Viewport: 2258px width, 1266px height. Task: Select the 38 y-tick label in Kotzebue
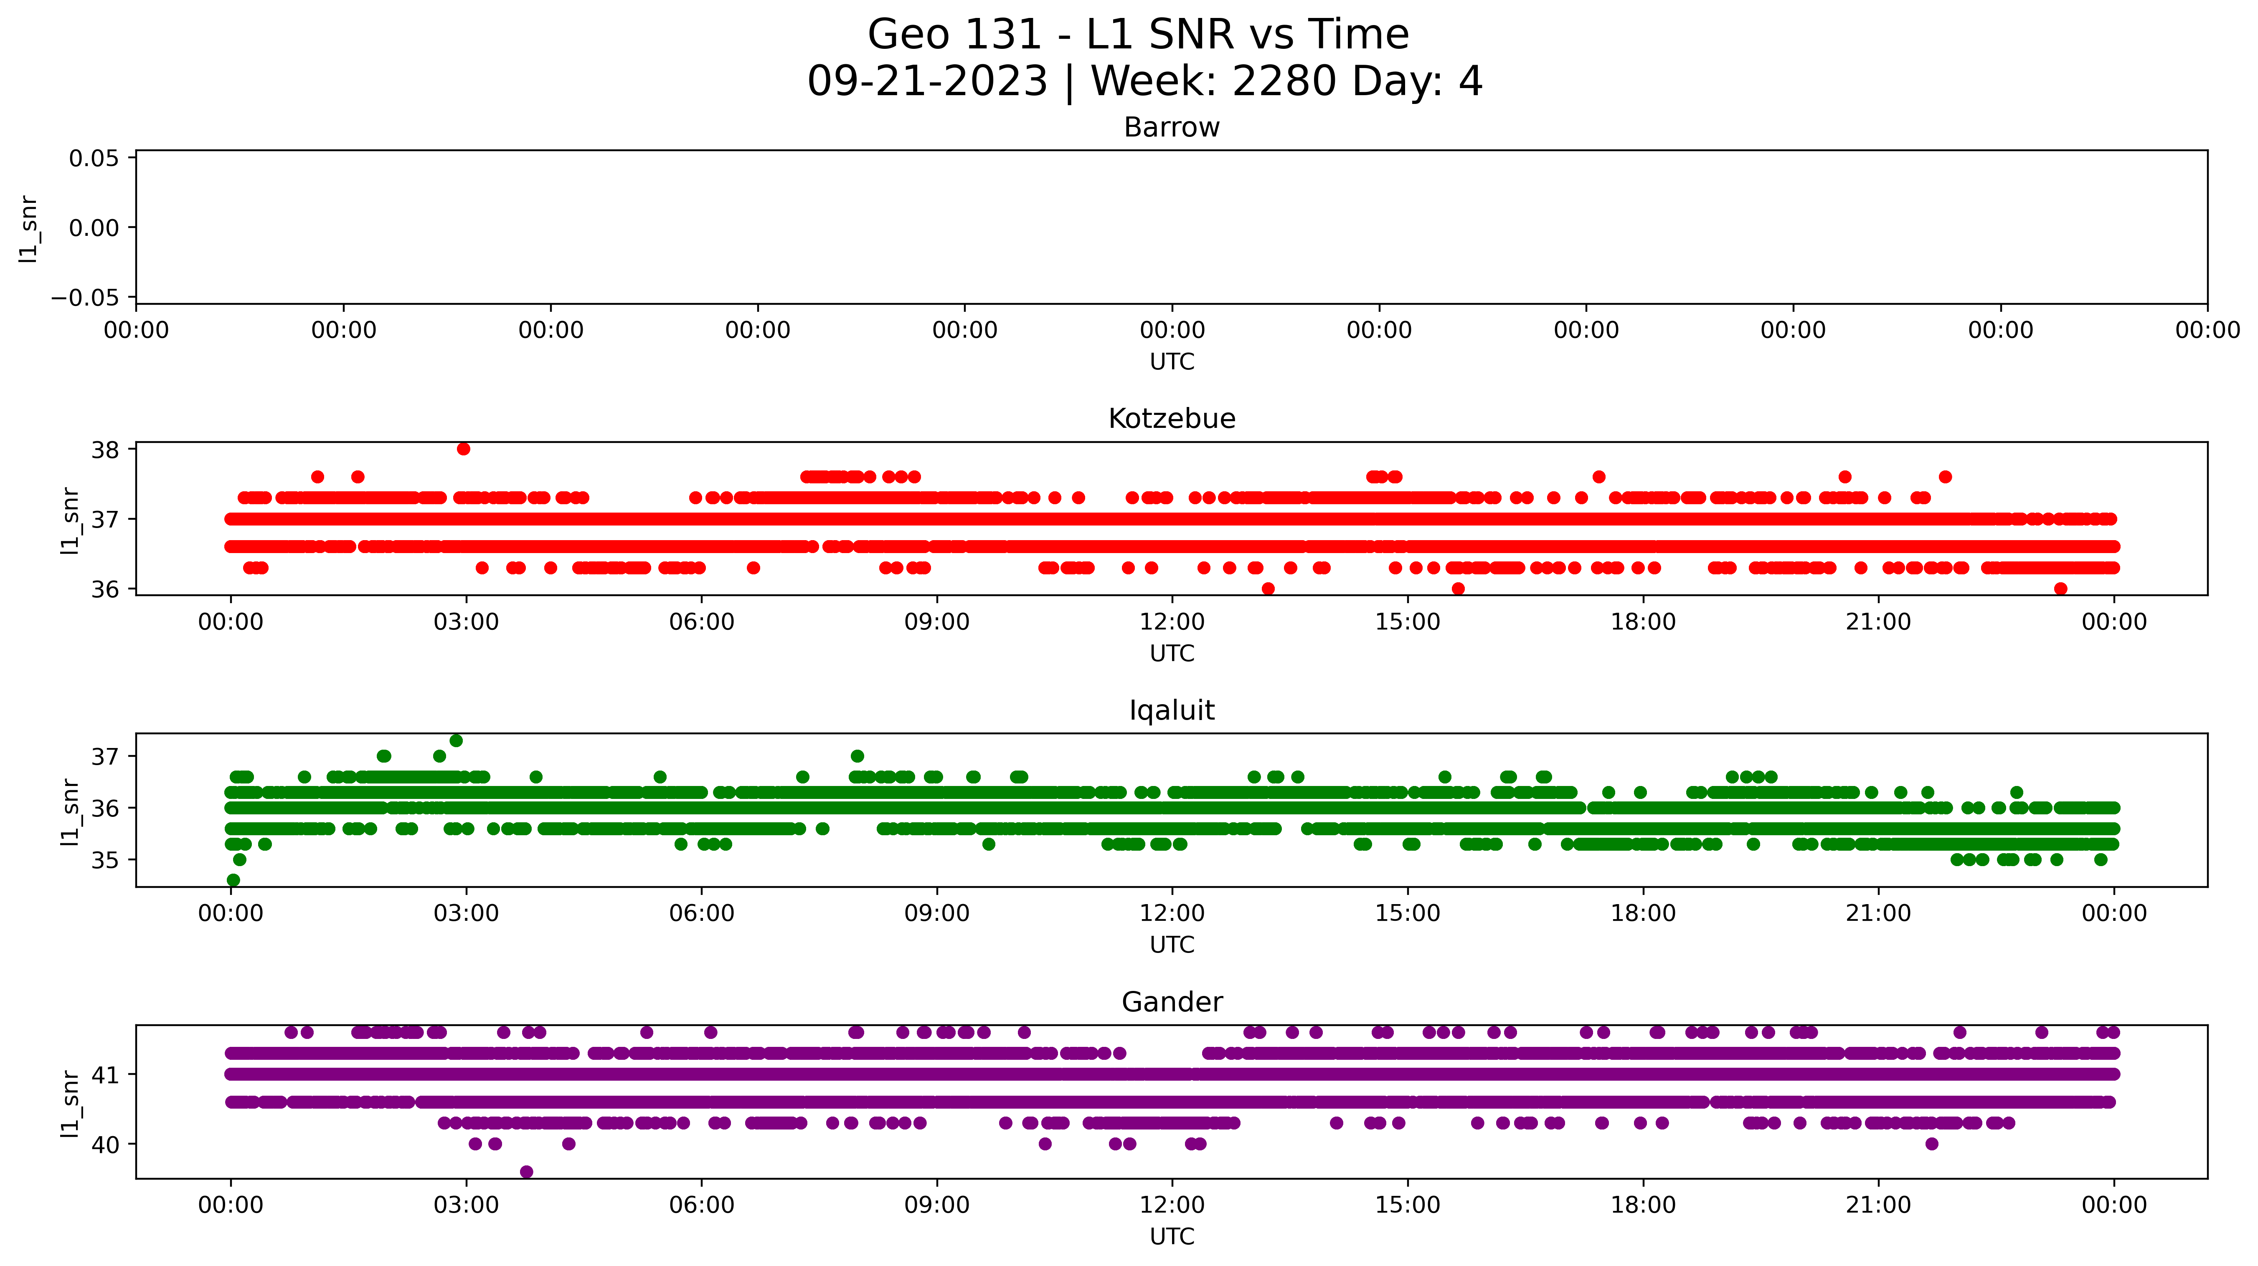click(x=105, y=450)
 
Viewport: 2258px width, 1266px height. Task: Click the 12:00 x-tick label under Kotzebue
click(x=1172, y=622)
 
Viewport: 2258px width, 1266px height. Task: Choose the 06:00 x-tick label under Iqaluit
click(x=701, y=914)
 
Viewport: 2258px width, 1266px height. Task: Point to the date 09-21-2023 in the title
click(x=927, y=81)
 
